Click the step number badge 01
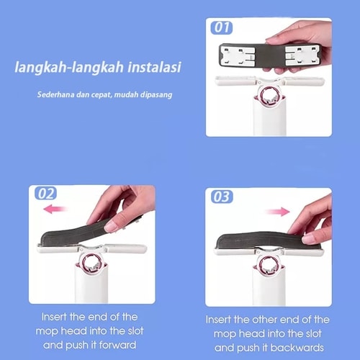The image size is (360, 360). click(x=222, y=27)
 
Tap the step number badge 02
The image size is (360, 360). click(x=45, y=193)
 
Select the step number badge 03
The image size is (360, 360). click(x=222, y=197)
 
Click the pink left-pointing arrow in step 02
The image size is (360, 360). click(x=55, y=209)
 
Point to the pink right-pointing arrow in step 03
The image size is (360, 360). click(x=278, y=212)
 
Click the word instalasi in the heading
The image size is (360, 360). click(x=154, y=67)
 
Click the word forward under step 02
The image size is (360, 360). click(x=117, y=345)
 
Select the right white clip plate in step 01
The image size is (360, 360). click(x=303, y=55)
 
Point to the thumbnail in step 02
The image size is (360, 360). click(x=111, y=226)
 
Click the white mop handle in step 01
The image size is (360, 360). click(x=270, y=117)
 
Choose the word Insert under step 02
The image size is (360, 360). click(x=54, y=317)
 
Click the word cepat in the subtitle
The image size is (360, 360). click(x=102, y=95)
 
